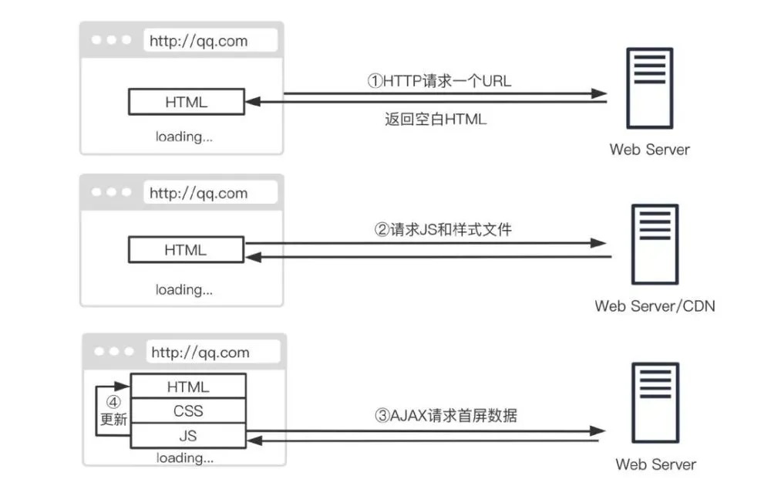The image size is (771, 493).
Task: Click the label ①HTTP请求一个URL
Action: (x=439, y=81)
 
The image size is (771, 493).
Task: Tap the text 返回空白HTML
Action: (x=435, y=119)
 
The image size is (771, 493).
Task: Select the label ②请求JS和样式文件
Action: (x=443, y=229)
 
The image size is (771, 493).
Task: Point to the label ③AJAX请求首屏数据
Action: (x=446, y=416)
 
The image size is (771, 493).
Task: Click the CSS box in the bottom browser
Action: (x=188, y=410)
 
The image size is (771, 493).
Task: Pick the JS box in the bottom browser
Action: (x=188, y=435)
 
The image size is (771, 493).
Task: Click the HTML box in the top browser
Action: (x=187, y=102)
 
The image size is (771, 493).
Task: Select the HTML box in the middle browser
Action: (x=186, y=250)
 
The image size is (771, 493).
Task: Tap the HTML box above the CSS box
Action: (x=188, y=387)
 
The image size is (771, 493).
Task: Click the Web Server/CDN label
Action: (x=655, y=306)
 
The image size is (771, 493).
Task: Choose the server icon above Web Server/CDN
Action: (x=655, y=244)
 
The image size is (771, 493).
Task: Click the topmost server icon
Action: (x=649, y=88)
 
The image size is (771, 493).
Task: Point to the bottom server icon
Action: (x=655, y=403)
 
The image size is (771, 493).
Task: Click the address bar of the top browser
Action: (x=210, y=40)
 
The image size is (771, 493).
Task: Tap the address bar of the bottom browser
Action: (x=213, y=352)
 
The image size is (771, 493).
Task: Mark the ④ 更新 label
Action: (x=113, y=411)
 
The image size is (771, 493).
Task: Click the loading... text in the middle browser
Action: (x=184, y=289)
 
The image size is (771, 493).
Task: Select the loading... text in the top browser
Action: (x=184, y=137)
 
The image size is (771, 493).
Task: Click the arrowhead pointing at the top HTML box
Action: (x=253, y=102)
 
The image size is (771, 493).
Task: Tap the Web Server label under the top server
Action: (x=649, y=150)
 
